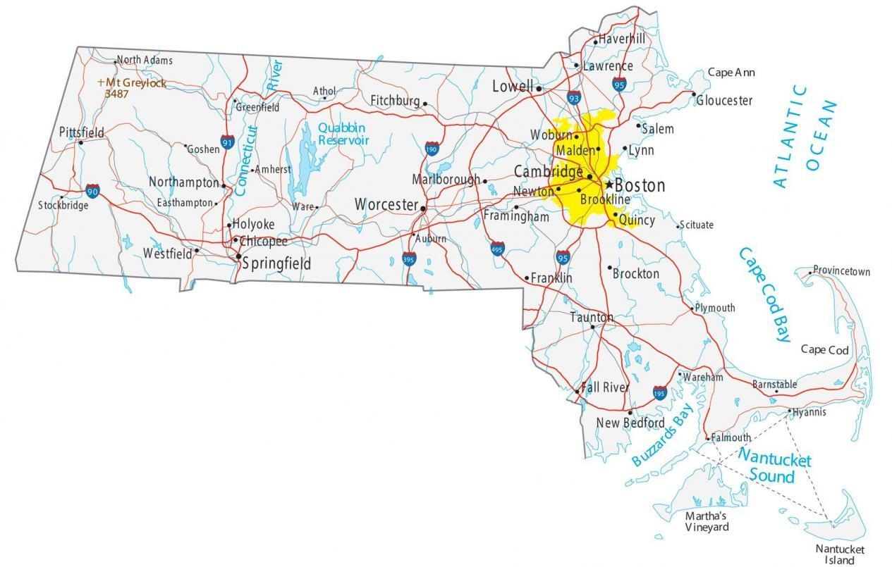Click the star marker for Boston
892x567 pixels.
609,185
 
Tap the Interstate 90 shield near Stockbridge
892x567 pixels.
93,191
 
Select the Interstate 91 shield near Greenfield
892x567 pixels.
227,142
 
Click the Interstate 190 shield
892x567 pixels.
432,149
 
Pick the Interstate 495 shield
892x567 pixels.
498,248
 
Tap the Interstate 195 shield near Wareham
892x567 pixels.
659,392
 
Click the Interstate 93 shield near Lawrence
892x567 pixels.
573,98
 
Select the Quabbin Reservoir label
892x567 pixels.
343,134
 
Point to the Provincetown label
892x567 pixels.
841,271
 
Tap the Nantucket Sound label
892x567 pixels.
774,467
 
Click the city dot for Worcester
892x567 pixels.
423,208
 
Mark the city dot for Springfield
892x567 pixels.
238,256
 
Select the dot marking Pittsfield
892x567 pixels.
80,142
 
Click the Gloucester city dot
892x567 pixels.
693,94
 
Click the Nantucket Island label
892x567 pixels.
839,554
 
